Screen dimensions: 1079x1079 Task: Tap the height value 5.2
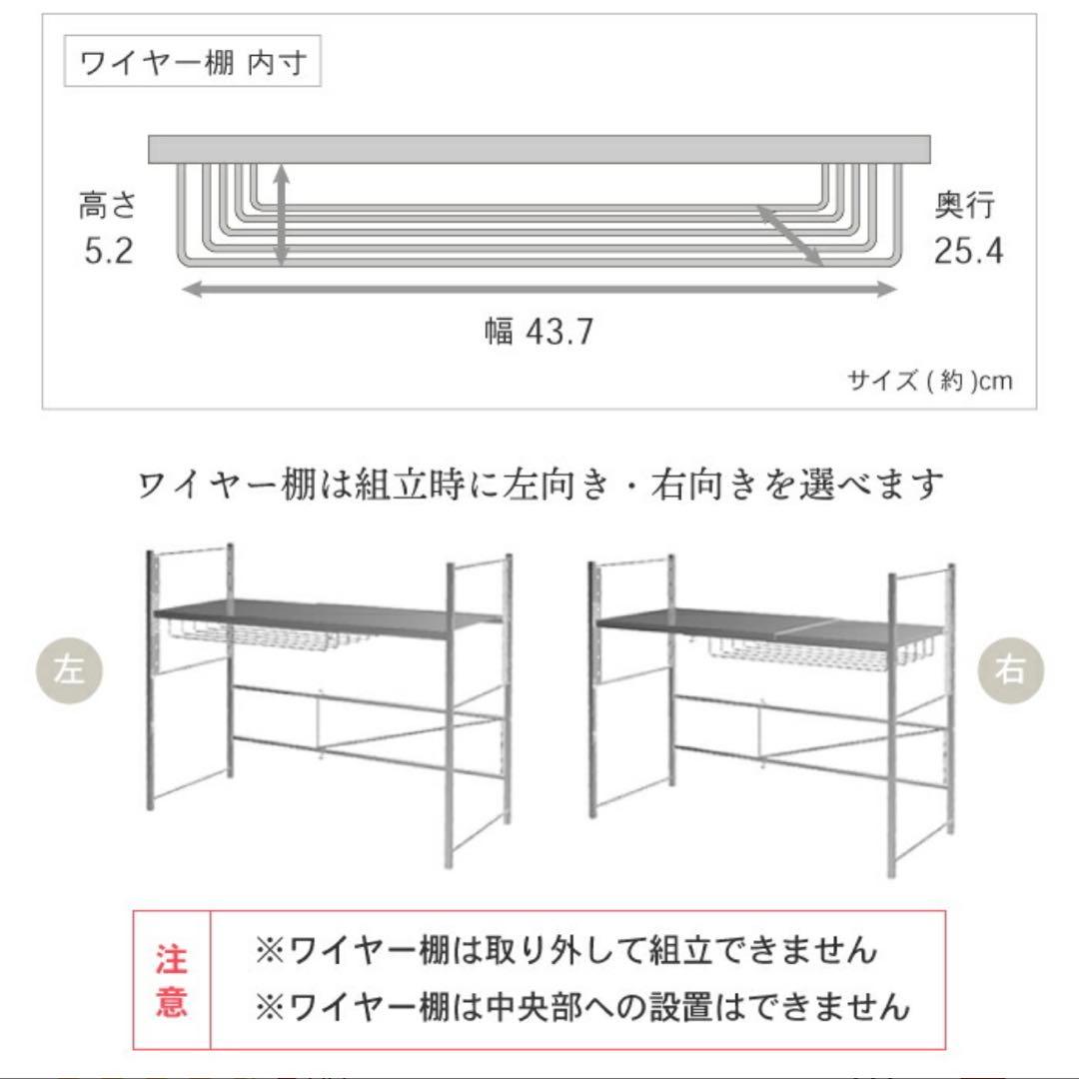tap(108, 250)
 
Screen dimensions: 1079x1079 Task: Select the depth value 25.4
tap(968, 250)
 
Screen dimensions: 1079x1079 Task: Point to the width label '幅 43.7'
tap(539, 331)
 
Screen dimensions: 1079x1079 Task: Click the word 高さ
tap(107, 207)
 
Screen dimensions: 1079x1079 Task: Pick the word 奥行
tap(965, 207)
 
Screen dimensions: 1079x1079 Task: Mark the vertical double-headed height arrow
tap(283, 216)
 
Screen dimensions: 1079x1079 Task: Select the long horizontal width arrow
tap(539, 290)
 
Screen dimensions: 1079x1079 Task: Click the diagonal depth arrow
tap(789, 235)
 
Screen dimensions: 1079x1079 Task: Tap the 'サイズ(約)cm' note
tap(929, 381)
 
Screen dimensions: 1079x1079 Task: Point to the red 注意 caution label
tap(171, 981)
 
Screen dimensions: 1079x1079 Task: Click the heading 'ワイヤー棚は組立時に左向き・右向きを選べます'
tap(539, 486)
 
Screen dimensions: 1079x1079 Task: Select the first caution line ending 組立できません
tap(565, 949)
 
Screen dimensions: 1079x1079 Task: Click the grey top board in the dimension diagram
tap(539, 149)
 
